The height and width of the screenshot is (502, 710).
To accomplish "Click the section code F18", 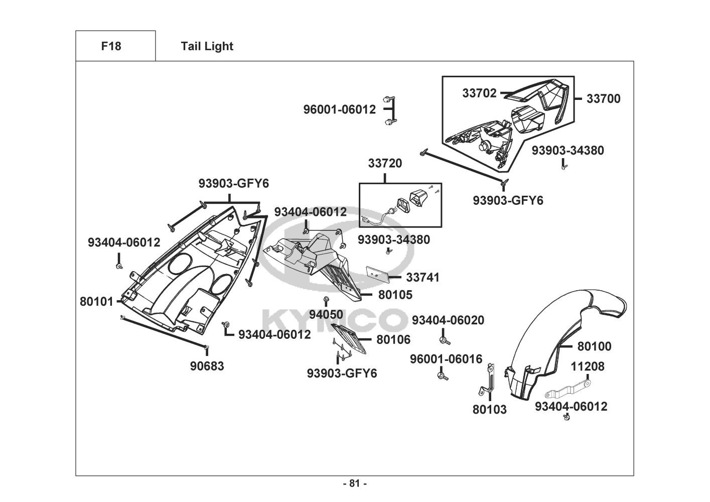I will [x=111, y=46].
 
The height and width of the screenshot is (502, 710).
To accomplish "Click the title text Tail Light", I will [x=207, y=46].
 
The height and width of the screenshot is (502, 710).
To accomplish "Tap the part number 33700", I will [x=603, y=99].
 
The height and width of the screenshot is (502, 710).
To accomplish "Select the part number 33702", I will [x=479, y=93].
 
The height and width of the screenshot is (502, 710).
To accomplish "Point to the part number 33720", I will [x=385, y=163].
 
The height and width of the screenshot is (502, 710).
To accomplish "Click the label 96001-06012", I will [x=339, y=109].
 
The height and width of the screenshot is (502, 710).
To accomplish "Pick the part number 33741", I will [x=422, y=277].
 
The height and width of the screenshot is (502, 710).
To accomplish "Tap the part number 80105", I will [x=395, y=295].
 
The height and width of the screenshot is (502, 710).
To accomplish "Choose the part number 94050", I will [x=326, y=315].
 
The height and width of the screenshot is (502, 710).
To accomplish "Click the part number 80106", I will [x=393, y=340].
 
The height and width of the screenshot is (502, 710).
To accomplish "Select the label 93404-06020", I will [x=448, y=320].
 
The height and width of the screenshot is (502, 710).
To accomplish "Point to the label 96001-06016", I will [x=446, y=359].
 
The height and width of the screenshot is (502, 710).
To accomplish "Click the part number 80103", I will [x=490, y=410].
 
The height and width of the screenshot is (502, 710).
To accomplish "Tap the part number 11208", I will [x=588, y=366].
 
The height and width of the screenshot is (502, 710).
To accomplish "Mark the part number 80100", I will [x=595, y=346].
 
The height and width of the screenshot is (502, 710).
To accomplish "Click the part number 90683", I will [x=207, y=366].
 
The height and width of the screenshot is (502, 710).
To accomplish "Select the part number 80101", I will [x=96, y=302].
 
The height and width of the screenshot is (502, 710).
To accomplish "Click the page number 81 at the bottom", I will [x=355, y=484].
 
